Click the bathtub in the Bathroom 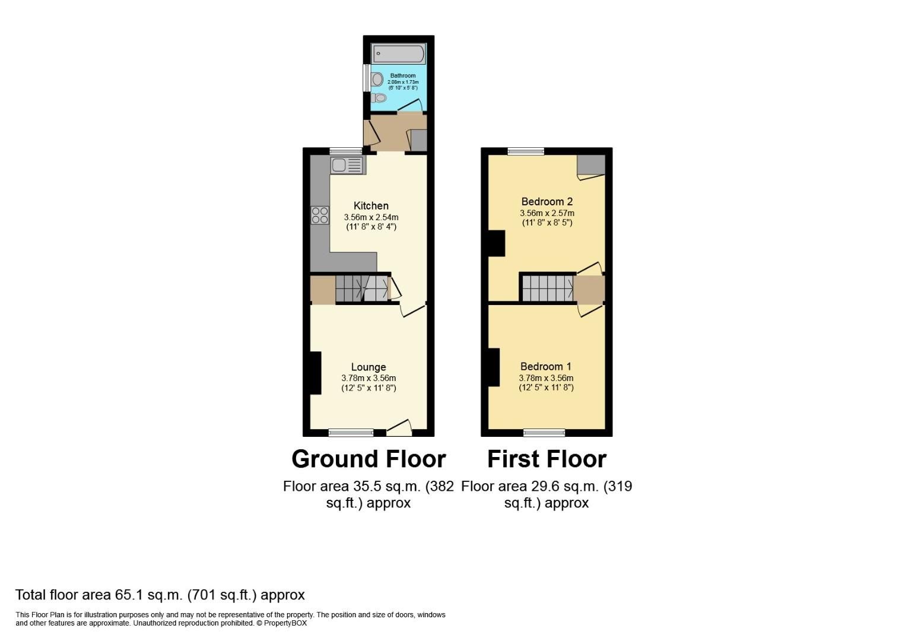click(398, 54)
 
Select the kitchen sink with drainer click(347, 165)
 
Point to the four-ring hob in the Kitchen click(320, 215)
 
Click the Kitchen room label click(371, 206)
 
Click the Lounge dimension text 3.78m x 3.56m click(368, 378)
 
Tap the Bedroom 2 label click(547, 202)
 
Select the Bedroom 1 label click(546, 367)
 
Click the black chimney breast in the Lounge click(315, 372)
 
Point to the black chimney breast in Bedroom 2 click(496, 243)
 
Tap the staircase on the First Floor click(547, 288)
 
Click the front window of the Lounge click(351, 433)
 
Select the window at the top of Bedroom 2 click(526, 151)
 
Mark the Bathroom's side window click(366, 78)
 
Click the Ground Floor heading click(368, 459)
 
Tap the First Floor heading click(547, 459)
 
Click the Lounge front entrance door click(399, 427)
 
